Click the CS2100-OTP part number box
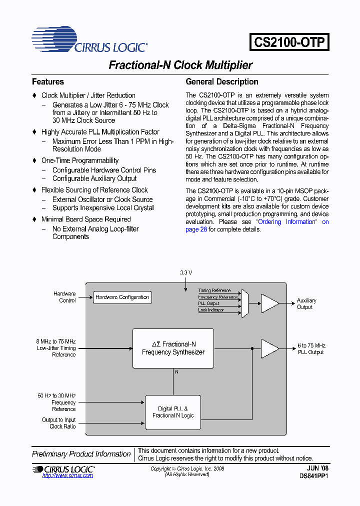[x=289, y=41]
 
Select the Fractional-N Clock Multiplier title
[x=180, y=65]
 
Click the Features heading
[x=48, y=81]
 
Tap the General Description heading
[x=222, y=81]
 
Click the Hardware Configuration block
[x=122, y=297]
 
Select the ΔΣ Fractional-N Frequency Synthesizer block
[x=173, y=348]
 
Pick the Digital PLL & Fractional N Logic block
[x=172, y=412]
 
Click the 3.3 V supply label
[x=186, y=273]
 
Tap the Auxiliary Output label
[x=306, y=303]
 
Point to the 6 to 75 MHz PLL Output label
[x=310, y=348]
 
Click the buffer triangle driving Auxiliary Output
[x=269, y=303]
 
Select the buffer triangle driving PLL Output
[x=269, y=348]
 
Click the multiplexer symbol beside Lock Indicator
[x=244, y=303]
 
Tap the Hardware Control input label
[x=64, y=297]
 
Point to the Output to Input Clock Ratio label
[x=59, y=423]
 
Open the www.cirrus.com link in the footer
[x=67, y=475]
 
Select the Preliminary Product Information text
[x=81, y=454]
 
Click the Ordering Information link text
[x=286, y=222]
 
